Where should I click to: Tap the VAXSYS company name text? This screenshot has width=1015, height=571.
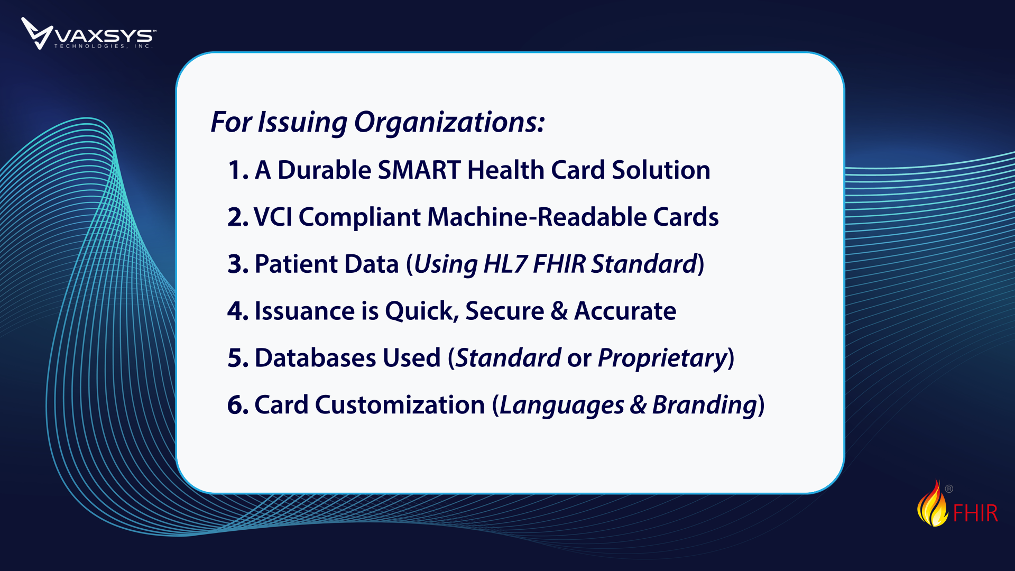pos(104,35)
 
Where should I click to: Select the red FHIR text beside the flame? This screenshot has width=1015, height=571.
pos(975,513)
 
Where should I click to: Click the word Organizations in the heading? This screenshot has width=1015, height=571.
pos(449,123)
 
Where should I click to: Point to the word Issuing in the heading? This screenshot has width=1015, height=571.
pos(302,123)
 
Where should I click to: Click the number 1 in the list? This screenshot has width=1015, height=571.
pos(235,170)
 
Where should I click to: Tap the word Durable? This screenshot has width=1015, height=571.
pos(325,170)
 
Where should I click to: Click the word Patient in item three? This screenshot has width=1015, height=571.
pos(297,264)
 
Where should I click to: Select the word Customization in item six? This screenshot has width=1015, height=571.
pos(400,405)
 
